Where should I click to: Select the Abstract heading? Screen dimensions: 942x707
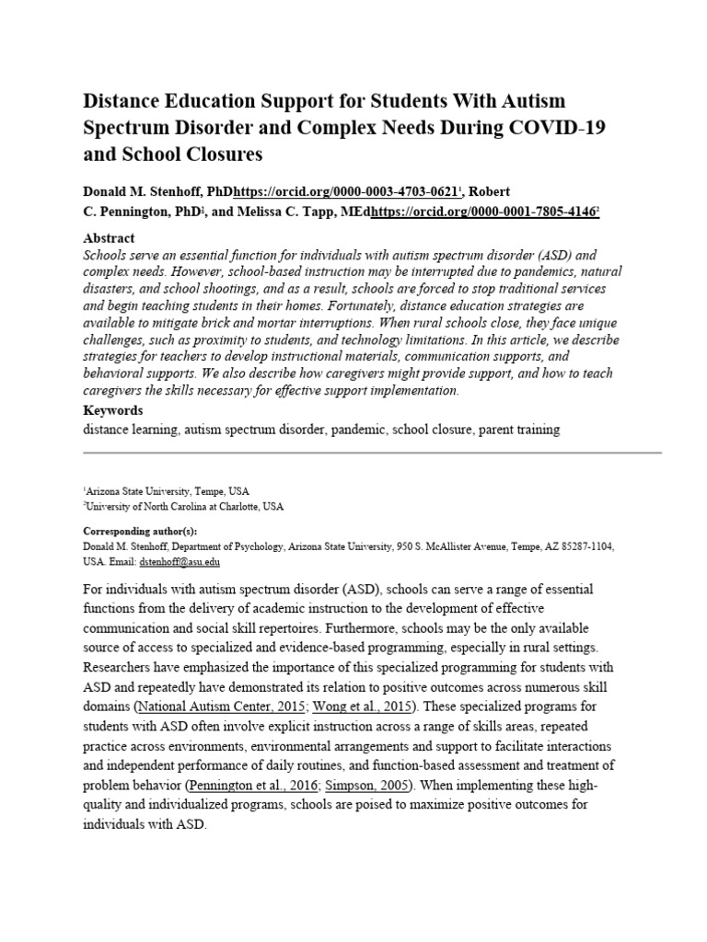coord(109,237)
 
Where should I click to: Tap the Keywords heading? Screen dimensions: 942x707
coord(113,409)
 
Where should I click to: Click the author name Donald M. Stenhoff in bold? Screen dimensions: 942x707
coord(139,191)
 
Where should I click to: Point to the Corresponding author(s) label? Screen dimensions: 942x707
coord(140,532)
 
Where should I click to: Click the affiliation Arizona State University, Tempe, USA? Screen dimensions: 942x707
coord(168,491)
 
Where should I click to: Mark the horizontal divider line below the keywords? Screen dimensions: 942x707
coord(372,454)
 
